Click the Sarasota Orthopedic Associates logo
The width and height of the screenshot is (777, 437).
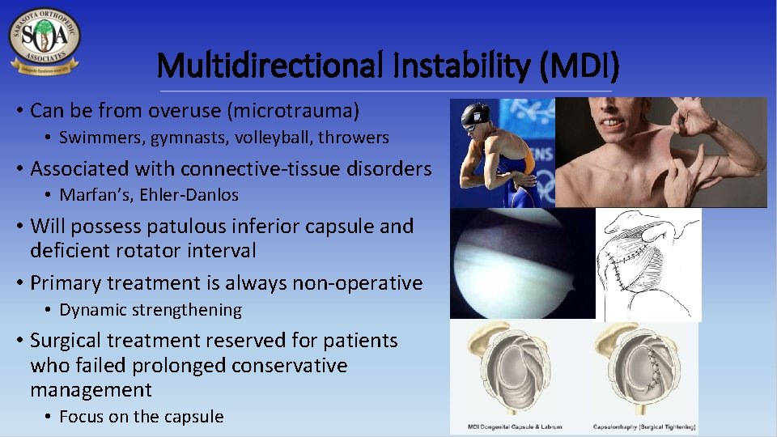tap(45, 40)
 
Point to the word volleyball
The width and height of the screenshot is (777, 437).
tap(272, 138)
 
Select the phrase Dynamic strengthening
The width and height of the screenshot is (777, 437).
tap(151, 310)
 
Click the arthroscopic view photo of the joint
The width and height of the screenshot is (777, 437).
tap(521, 264)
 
